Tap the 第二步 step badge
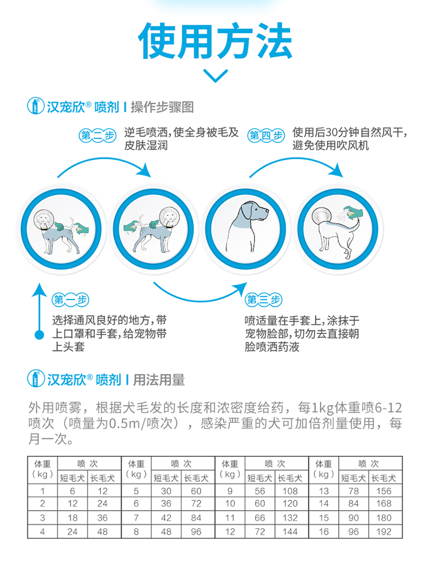[x=96, y=136]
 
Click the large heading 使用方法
[x=215, y=42]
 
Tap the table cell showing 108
[x=290, y=491]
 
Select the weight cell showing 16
[x=324, y=531]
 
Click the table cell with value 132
[x=290, y=517]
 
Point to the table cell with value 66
[x=260, y=517]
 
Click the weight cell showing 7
[x=136, y=517]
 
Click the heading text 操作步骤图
[x=162, y=107]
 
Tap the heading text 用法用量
[x=159, y=379]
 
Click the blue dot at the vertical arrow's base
[x=40, y=334]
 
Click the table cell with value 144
[x=290, y=531]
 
